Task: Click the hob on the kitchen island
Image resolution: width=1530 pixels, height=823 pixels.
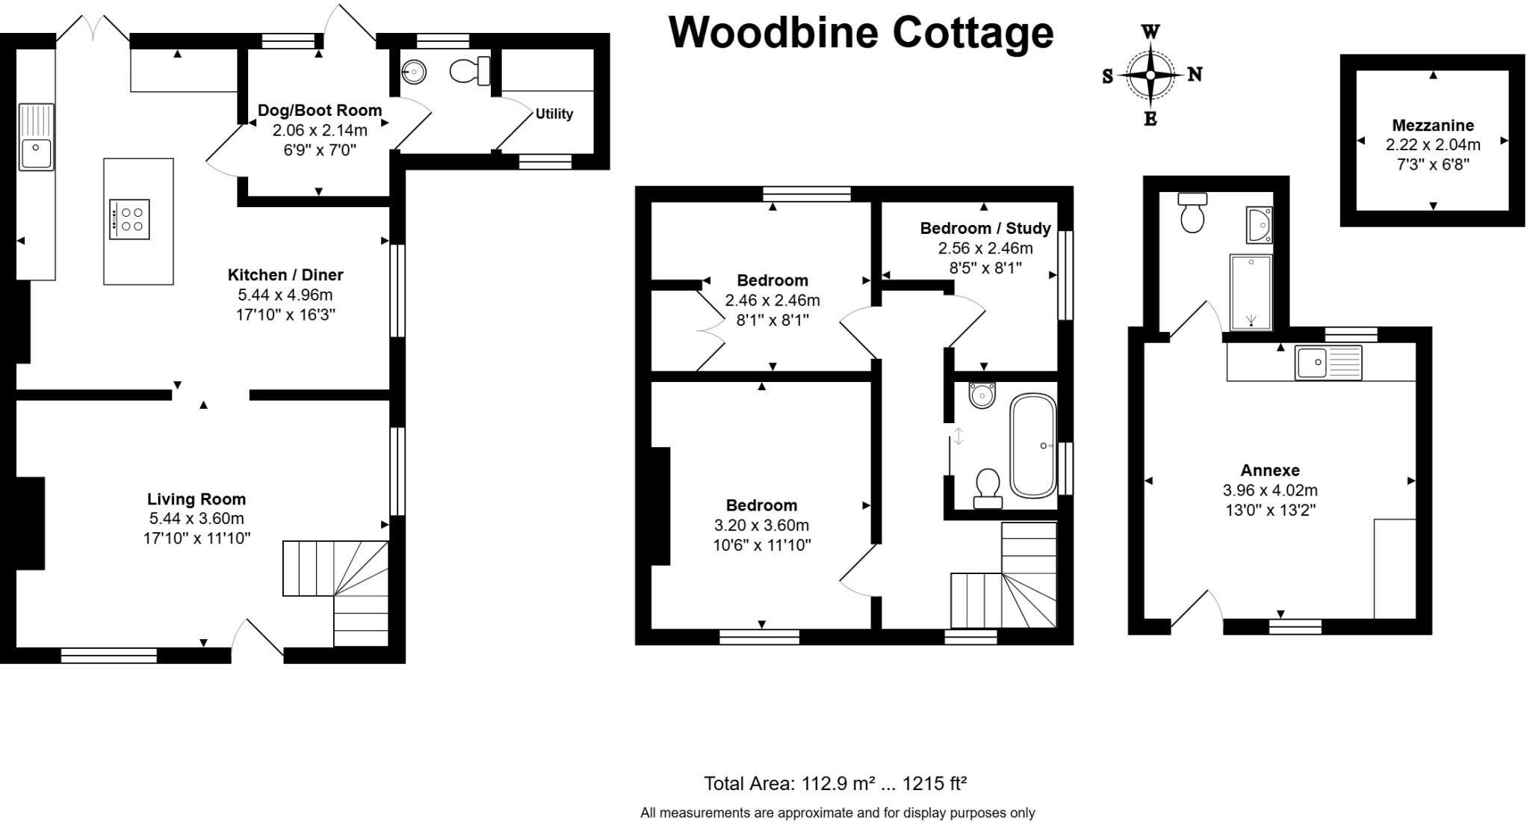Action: tap(129, 219)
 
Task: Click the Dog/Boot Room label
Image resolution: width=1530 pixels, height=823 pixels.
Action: tap(320, 111)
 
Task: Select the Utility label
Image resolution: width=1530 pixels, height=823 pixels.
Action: tap(554, 114)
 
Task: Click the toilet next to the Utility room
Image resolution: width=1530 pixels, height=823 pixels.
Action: tap(468, 71)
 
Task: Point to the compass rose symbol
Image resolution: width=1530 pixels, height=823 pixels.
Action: tap(1150, 75)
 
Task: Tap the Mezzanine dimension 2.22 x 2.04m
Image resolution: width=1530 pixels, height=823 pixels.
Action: tap(1432, 145)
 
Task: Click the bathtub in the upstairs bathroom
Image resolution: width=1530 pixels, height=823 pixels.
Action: tap(1032, 446)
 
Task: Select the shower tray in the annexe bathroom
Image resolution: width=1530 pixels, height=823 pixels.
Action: tap(1251, 292)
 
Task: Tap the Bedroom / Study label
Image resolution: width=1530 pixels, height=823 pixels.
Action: tap(985, 228)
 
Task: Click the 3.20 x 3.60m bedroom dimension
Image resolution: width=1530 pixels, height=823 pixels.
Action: tap(761, 525)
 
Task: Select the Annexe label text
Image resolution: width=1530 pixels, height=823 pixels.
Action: tap(1270, 470)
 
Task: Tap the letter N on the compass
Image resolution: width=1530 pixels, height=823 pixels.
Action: tap(1195, 75)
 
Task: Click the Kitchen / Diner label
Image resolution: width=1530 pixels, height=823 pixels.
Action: tap(285, 274)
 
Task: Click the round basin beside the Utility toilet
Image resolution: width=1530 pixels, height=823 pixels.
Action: tap(413, 73)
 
